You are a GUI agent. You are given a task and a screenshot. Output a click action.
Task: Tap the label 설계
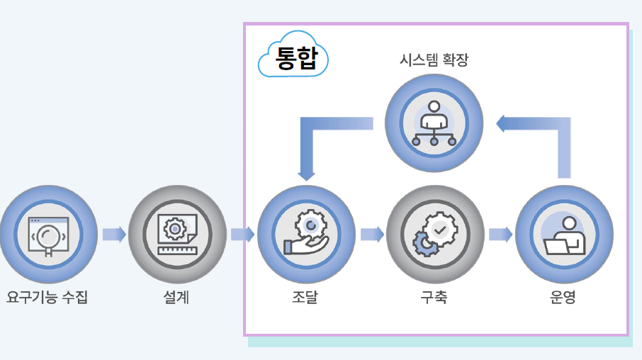[176, 298]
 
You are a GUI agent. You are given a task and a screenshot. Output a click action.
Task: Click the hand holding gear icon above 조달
[305, 234]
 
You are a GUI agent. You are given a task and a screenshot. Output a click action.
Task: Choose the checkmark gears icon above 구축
[434, 234]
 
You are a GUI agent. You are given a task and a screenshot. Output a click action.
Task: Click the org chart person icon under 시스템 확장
[434, 123]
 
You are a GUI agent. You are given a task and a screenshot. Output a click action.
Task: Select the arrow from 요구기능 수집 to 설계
[113, 234]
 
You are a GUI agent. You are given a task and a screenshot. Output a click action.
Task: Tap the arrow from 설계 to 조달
[242, 234]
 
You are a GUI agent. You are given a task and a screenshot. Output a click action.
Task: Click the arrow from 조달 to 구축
[371, 234]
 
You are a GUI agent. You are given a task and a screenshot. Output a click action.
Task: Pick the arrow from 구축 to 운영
[500, 234]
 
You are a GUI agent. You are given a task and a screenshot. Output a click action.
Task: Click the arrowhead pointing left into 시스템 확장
[501, 124]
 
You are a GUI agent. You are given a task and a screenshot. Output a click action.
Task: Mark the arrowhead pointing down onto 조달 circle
[306, 173]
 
